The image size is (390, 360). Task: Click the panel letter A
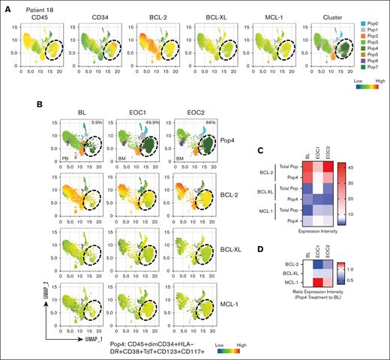[6, 4]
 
